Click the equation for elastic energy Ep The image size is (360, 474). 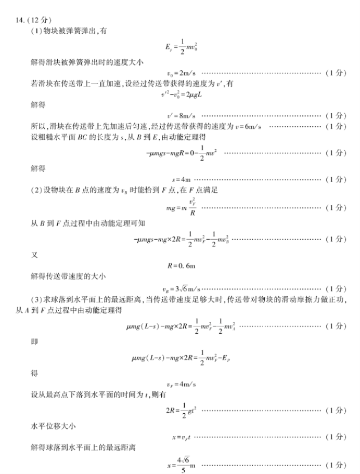click(181, 47)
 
